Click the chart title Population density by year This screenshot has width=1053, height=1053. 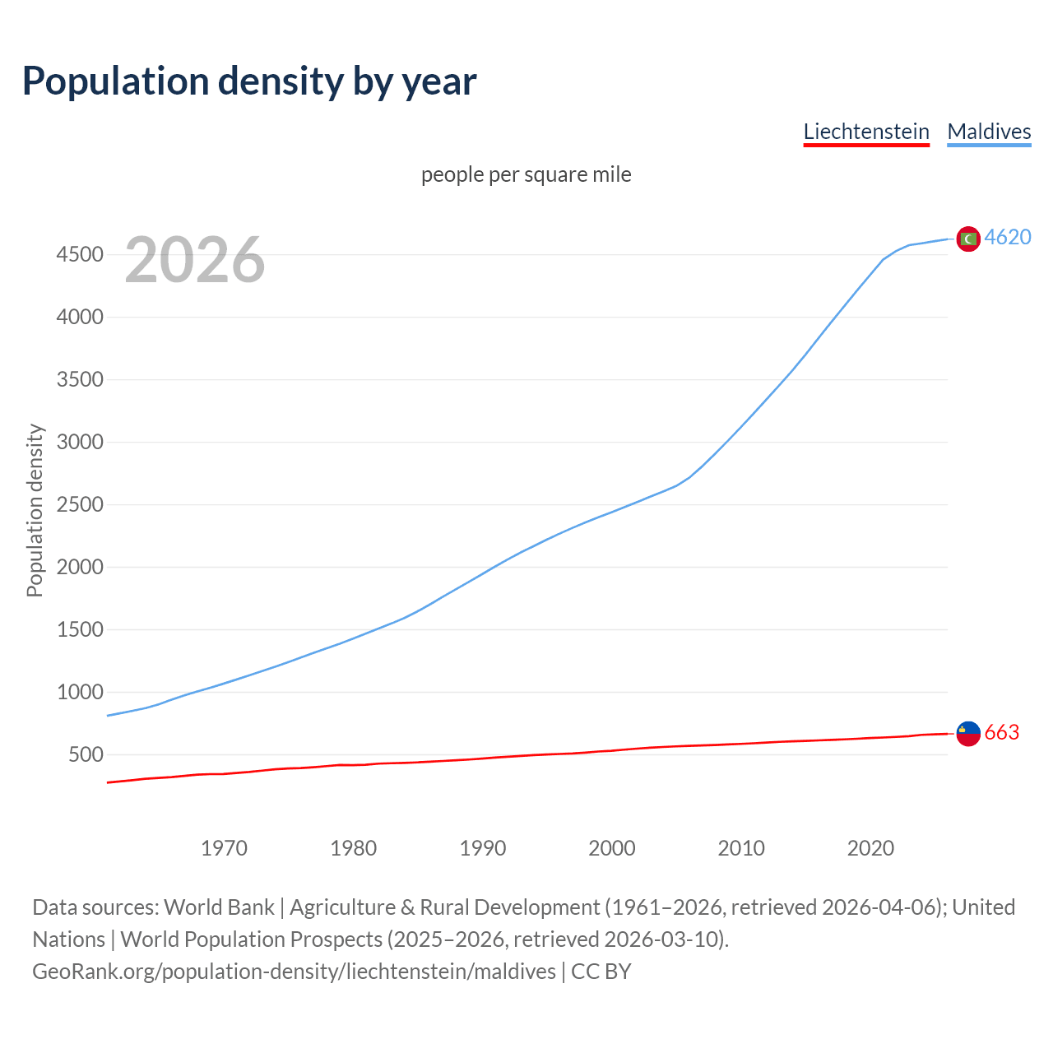249,81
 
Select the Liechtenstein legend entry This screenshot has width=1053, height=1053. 866,132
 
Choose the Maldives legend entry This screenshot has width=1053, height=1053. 989,132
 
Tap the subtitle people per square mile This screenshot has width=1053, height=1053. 526,175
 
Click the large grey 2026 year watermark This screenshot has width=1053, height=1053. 195,260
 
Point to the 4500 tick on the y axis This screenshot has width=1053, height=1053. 80,255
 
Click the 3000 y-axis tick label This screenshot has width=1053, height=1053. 80,443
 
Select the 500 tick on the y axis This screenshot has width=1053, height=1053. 86,755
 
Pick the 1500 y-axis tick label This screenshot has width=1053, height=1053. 80,630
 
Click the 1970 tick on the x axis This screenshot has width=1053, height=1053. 224,848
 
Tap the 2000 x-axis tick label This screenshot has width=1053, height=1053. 611,848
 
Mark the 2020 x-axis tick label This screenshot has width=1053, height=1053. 870,848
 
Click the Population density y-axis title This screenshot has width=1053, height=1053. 35,510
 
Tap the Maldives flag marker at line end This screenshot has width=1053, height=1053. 968,239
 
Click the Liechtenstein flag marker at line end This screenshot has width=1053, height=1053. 968,733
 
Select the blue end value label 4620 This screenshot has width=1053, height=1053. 1008,238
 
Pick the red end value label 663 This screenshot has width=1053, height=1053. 1002,733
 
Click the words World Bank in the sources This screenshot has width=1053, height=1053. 219,907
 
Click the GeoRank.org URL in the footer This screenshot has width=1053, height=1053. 294,972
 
